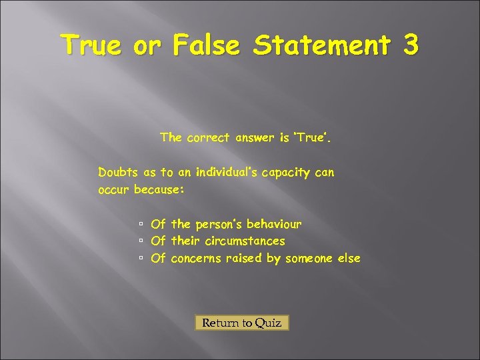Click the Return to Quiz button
(242, 323)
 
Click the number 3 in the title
(410, 45)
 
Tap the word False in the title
(207, 45)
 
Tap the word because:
(159, 189)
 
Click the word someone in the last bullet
(309, 258)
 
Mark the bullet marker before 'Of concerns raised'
(141, 259)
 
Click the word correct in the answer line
(208, 138)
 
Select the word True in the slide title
(90, 45)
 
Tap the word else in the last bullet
(349, 258)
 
